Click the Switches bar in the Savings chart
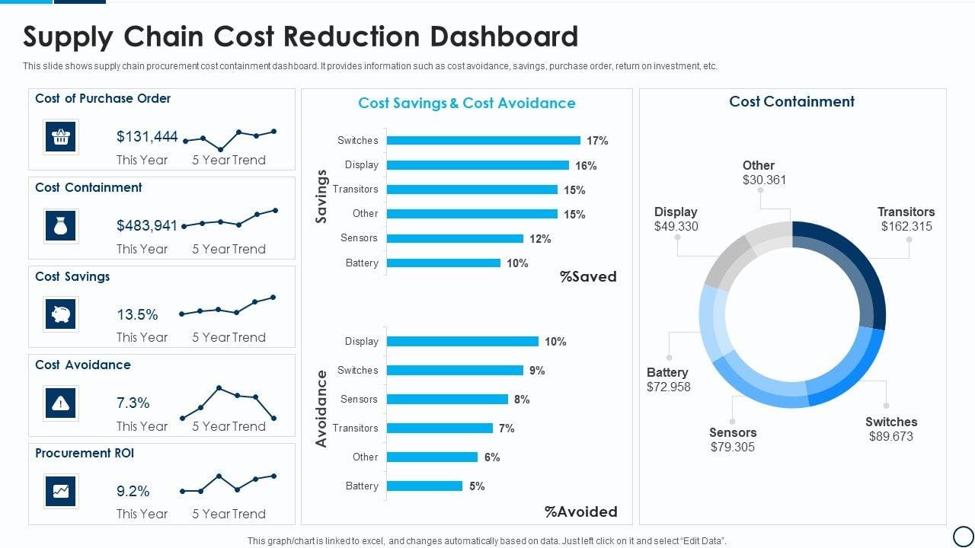(x=483, y=140)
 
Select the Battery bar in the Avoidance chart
(x=424, y=486)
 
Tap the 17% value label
(x=597, y=141)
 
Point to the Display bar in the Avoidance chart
(x=462, y=342)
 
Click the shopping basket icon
(x=60, y=137)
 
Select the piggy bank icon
(x=60, y=314)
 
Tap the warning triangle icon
(x=60, y=403)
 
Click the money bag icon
(x=60, y=226)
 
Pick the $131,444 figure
(x=147, y=136)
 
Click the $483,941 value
(x=147, y=225)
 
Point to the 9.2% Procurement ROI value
(x=133, y=491)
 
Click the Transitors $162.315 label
(x=906, y=219)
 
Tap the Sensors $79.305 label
(x=733, y=440)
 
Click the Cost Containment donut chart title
(x=791, y=102)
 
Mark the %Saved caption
(x=588, y=277)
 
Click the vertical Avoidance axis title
(x=321, y=408)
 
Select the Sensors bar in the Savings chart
(x=455, y=238)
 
